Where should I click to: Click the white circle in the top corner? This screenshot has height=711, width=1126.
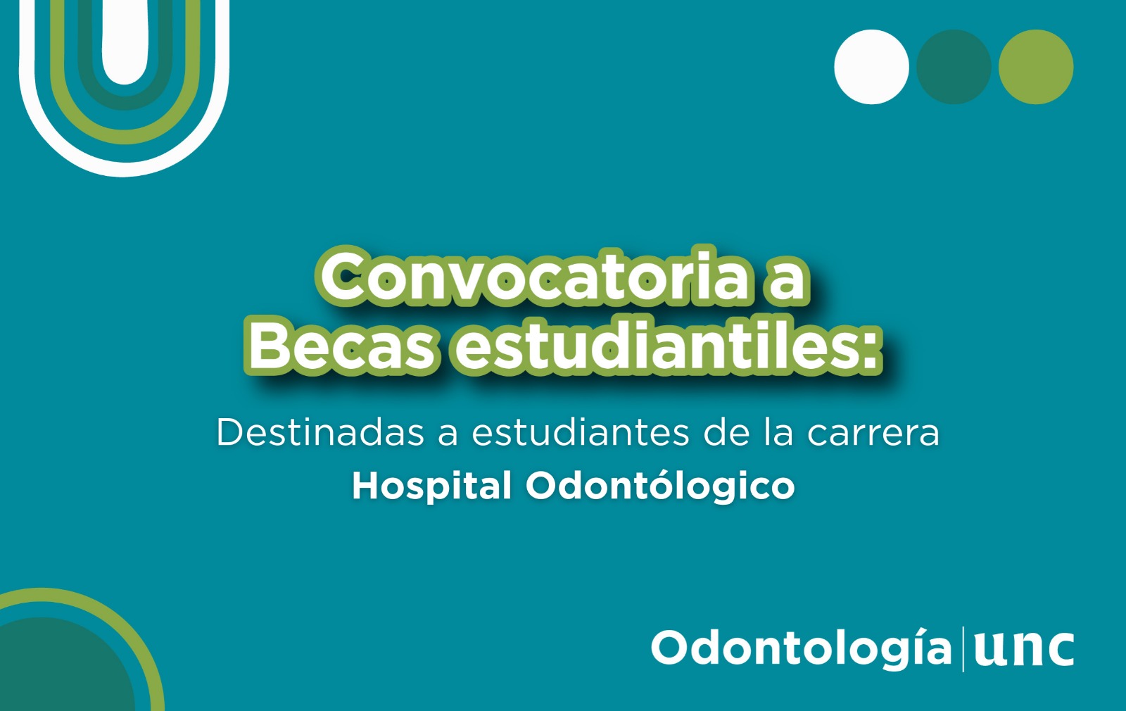coord(872,67)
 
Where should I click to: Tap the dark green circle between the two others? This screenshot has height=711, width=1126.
coord(954,67)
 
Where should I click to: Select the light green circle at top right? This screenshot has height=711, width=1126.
coord(1036,67)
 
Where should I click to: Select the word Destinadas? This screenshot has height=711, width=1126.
coord(320,432)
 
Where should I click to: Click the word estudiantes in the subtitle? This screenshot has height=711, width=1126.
coord(580,432)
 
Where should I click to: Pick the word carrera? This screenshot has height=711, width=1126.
coord(873,433)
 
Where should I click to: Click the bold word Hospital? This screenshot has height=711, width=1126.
coord(432,486)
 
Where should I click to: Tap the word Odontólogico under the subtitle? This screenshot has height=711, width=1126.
coord(660,485)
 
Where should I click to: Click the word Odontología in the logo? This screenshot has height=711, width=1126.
coord(802,648)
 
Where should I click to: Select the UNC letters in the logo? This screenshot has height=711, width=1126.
coord(1024,648)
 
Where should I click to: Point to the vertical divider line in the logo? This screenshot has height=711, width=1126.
coord(963,648)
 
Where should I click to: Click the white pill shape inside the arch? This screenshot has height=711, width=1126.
coord(125,40)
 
